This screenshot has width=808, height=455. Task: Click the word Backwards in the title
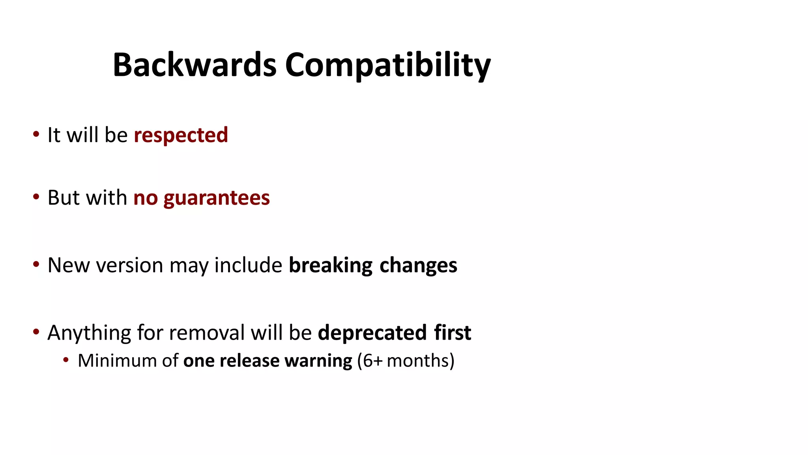pos(195,65)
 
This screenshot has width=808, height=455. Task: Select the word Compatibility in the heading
pos(388,65)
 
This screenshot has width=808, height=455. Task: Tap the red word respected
pos(181,135)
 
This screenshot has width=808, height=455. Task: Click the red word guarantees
pos(217,198)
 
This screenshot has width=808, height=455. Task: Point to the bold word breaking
pos(331,265)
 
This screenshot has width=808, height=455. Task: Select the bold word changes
pos(418,265)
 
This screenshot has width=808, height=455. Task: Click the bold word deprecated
pos(372,333)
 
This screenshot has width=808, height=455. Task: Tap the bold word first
pos(453,333)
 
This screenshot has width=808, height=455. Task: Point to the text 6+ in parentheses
pos(372,361)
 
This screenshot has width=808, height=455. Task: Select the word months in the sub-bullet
pos(418,361)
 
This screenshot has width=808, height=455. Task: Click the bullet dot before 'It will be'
pos(36,134)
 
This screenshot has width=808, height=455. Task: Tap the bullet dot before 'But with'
pos(36,197)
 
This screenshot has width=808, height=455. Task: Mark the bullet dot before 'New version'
pos(36,264)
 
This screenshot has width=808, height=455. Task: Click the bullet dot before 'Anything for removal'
pos(36,332)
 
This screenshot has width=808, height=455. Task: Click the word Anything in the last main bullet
pos(89,333)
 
